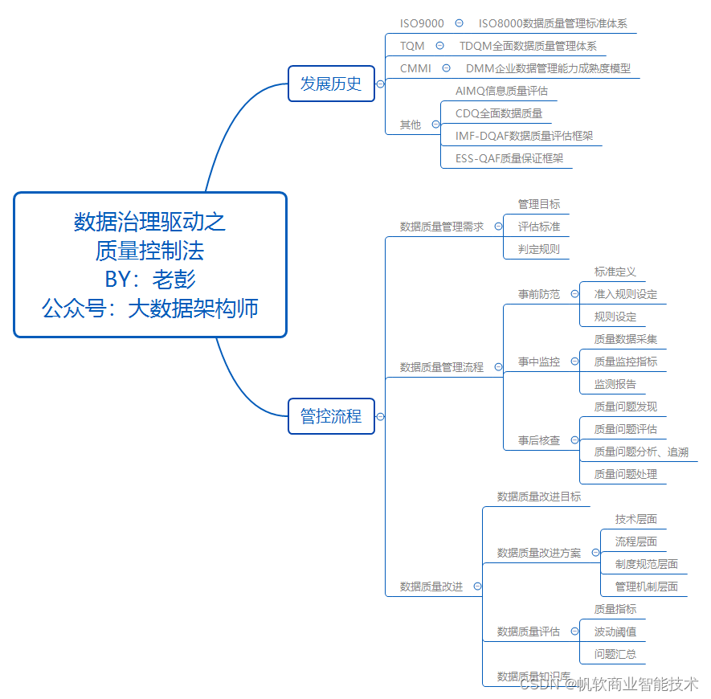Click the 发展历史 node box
[x=331, y=84]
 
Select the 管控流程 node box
[x=331, y=416]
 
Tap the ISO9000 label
[x=422, y=23]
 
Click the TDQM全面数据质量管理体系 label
[x=528, y=46]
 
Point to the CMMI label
[x=415, y=68]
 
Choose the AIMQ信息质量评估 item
[x=501, y=91]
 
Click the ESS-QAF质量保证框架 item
[x=509, y=158]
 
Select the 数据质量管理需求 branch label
[x=442, y=227]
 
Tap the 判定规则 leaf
[x=539, y=249]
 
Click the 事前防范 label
[x=539, y=294]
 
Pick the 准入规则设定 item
[x=626, y=294]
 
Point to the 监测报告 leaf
[x=615, y=384]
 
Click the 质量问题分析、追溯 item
[x=641, y=452]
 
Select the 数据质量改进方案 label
[x=539, y=553]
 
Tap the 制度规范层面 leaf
[x=647, y=564]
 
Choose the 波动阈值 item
[x=615, y=632]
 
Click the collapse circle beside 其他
[x=436, y=125]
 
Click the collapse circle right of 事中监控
[x=574, y=362]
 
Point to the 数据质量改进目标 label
[x=539, y=497]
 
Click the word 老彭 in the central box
[x=174, y=279]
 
